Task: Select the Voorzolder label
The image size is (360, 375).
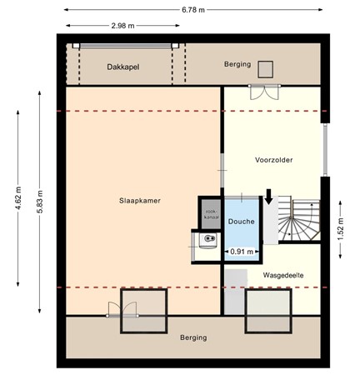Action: [273, 160]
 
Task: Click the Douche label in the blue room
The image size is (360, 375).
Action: [241, 222]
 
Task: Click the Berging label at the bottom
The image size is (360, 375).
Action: [192, 337]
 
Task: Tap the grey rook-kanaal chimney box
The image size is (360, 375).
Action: [212, 214]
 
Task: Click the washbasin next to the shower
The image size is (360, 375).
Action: [207, 242]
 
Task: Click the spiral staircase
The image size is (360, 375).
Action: [296, 222]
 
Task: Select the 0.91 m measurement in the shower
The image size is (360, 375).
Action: [241, 252]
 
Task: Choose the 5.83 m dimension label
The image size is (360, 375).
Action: [39, 200]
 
